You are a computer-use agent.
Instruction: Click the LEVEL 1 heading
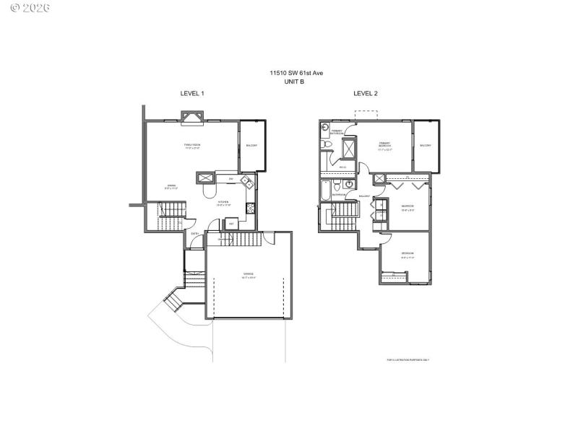[x=192, y=94]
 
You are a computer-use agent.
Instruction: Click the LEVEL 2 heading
[x=365, y=94]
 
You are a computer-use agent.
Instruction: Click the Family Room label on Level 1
[x=191, y=147]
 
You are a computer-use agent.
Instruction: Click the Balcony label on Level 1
[x=251, y=146]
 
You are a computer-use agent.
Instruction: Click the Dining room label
[x=171, y=187]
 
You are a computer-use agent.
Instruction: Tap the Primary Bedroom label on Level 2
[x=385, y=146]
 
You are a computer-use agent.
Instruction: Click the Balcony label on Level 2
[x=425, y=146]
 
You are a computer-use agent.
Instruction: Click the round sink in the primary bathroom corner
[x=324, y=128]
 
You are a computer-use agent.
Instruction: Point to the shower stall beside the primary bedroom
[x=348, y=148]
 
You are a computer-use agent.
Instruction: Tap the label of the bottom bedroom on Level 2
[x=407, y=254]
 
